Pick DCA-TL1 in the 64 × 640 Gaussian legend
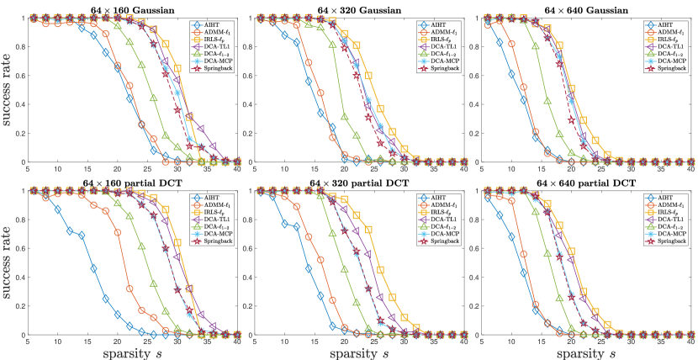pos(676,45)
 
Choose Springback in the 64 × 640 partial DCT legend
pos(676,242)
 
